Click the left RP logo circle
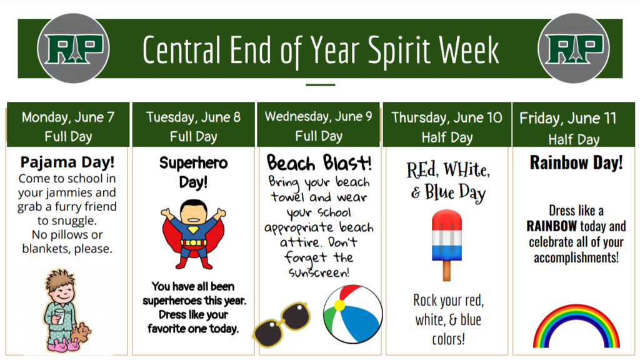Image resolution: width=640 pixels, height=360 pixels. coord(73,48)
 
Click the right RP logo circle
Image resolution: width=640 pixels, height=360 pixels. coord(574,48)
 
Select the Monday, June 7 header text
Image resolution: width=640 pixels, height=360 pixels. coord(67,117)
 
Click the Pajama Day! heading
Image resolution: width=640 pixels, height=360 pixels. coord(67,162)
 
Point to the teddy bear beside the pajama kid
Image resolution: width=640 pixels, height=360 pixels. coord(81,333)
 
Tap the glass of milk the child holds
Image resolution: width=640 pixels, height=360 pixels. coord(59,316)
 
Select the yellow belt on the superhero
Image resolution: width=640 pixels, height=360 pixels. coord(194,243)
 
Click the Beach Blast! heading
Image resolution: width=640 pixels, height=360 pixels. coord(319,163)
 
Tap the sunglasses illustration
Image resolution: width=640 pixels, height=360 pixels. coord(282,324)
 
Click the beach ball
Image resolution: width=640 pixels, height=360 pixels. coord(352,314)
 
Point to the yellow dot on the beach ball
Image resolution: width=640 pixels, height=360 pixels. coord(339,305)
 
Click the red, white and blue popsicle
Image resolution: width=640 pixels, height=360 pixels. coord(447,245)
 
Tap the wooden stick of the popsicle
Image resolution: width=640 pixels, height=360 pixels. coord(446,271)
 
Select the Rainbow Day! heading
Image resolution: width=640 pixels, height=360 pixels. coord(576,162)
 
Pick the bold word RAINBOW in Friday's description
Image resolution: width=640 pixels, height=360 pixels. coord(551,226)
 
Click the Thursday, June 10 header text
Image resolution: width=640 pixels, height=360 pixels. coord(446,118)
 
